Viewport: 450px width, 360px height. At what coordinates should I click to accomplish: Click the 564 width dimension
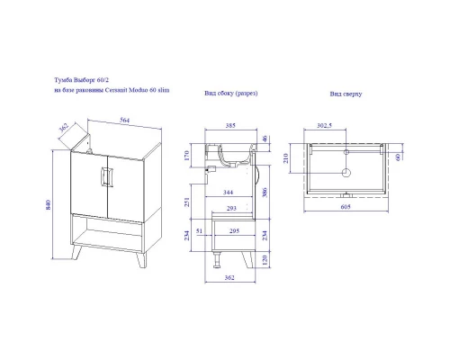(125, 120)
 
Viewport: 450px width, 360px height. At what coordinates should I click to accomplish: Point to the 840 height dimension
(49, 204)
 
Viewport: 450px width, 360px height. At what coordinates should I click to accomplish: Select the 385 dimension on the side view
(230, 125)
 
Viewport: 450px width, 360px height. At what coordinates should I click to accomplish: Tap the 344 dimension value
(228, 192)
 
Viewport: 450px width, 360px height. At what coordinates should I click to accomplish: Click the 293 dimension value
(231, 208)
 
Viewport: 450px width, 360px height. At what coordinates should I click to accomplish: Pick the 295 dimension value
(234, 230)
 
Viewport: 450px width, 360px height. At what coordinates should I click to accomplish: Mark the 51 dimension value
(199, 230)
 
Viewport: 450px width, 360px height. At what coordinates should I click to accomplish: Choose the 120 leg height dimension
(265, 259)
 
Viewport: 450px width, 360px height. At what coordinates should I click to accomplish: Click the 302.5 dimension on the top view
(324, 125)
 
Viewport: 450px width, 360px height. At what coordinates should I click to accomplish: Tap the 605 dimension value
(346, 207)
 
